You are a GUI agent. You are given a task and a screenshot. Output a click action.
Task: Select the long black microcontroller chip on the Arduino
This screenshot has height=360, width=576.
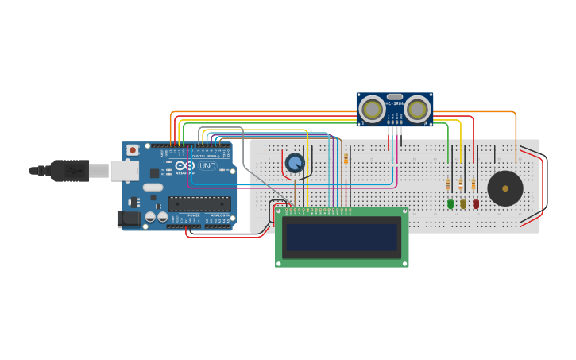tap(199, 204)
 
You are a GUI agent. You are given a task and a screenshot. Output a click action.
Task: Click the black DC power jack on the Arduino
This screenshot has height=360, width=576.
tap(128, 219)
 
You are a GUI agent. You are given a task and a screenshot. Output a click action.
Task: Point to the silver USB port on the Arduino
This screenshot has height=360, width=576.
tap(123, 169)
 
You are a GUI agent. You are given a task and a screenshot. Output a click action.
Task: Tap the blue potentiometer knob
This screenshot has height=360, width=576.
tap(295, 163)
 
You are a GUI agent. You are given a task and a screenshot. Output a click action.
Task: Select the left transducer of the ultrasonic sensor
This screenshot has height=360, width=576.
tap(372, 109)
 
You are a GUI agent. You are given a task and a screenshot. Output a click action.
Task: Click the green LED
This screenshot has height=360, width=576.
tap(450, 204)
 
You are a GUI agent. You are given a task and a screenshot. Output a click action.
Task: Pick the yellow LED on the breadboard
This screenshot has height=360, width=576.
tap(463, 204)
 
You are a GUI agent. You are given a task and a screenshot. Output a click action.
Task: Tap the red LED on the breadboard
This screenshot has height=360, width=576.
tap(476, 204)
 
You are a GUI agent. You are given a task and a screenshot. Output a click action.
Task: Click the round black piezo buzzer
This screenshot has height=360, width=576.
tap(505, 188)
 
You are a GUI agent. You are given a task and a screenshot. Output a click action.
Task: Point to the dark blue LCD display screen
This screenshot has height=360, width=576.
tap(342, 237)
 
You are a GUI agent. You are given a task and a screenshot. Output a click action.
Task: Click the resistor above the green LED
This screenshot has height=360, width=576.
tap(448, 185)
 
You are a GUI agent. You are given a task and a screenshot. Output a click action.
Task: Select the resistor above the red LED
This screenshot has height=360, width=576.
tap(474, 185)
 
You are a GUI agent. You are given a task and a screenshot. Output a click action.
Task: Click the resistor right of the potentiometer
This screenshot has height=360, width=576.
tap(346, 160)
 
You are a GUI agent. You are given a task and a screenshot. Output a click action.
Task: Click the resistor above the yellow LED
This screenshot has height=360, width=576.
tap(461, 185)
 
